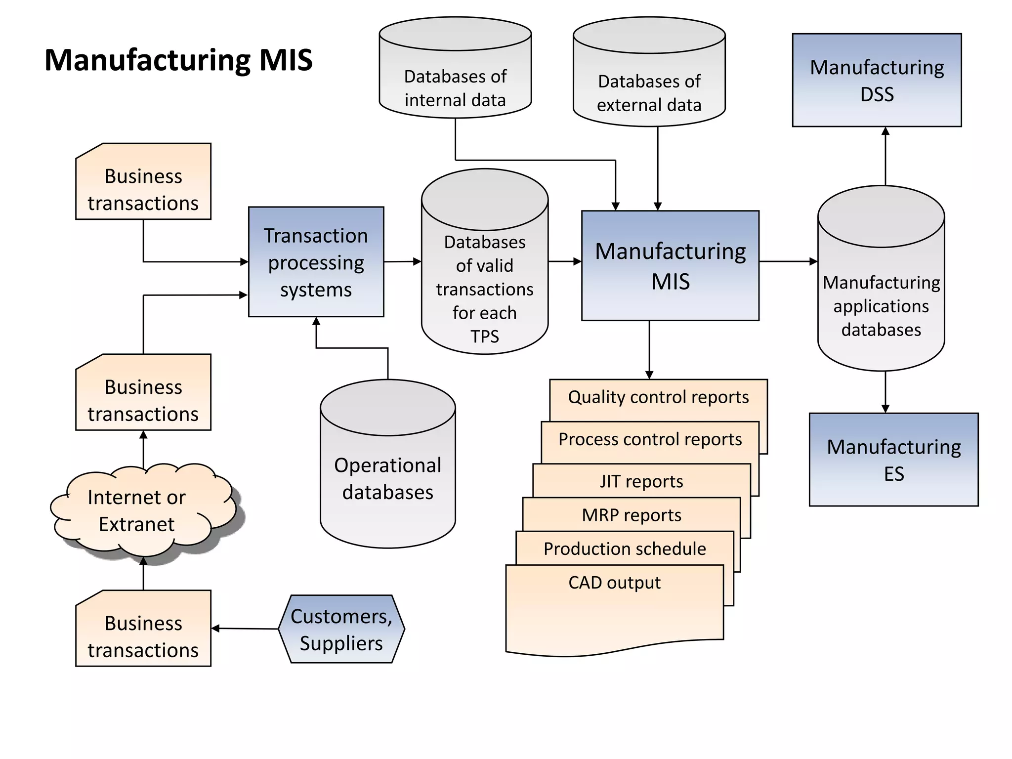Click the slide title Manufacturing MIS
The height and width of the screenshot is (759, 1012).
(x=178, y=60)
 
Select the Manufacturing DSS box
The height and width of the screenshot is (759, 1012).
(x=877, y=80)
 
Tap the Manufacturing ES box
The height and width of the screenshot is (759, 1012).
(x=893, y=460)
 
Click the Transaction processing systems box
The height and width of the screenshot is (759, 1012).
(x=316, y=262)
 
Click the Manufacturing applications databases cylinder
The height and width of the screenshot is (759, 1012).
(x=881, y=296)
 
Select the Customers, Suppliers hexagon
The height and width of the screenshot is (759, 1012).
(x=341, y=629)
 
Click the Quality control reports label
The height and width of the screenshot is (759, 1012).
(x=658, y=397)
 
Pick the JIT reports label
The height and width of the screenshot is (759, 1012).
(x=641, y=481)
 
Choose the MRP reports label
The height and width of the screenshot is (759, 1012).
(x=632, y=515)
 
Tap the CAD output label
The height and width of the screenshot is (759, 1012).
(x=614, y=583)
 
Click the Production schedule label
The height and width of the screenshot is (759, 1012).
(x=625, y=548)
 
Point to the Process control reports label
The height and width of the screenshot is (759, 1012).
(x=650, y=439)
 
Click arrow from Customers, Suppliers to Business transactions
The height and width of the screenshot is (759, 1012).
(x=245, y=629)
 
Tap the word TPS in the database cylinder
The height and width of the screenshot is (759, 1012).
(x=484, y=337)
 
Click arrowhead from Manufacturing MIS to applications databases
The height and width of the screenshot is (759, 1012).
(x=813, y=261)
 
